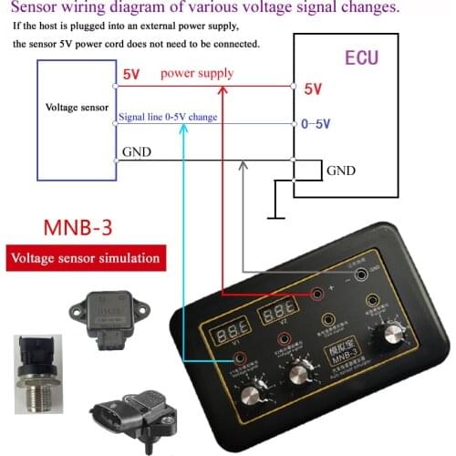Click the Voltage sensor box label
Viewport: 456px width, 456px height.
pyautogui.click(x=78, y=108)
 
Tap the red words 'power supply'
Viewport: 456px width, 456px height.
pyautogui.click(x=196, y=73)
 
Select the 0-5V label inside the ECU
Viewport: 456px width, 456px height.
pyautogui.click(x=316, y=124)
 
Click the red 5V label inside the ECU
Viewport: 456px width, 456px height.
pyautogui.click(x=313, y=89)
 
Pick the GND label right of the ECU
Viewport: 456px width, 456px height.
pyautogui.click(x=340, y=171)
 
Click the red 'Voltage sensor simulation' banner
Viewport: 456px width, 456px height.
pyautogui.click(x=84, y=258)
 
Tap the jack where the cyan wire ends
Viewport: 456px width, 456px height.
pyautogui.click(x=240, y=358)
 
